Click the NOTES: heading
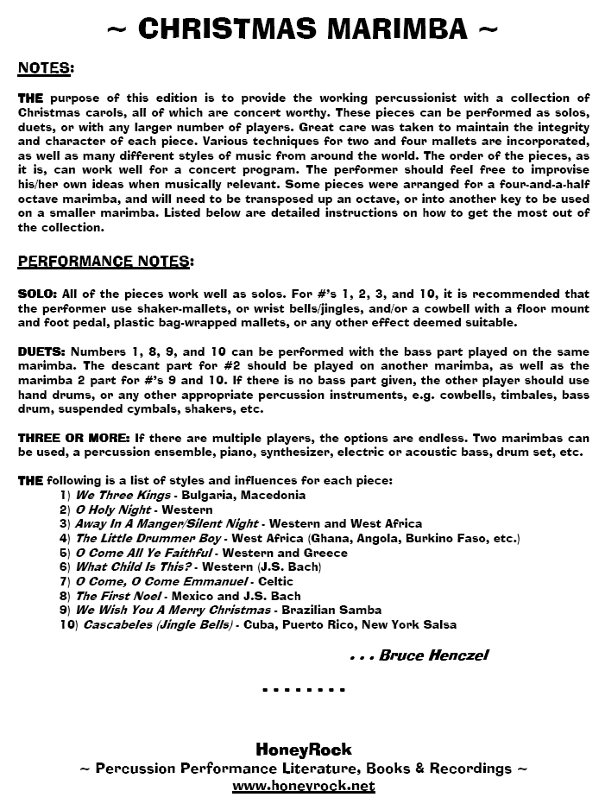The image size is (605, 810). pyautogui.click(x=46, y=67)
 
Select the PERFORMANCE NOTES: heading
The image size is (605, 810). pyautogui.click(x=105, y=261)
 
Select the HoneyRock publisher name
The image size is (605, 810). pyautogui.click(x=303, y=750)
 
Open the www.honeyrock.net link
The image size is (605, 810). pyautogui.click(x=303, y=786)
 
